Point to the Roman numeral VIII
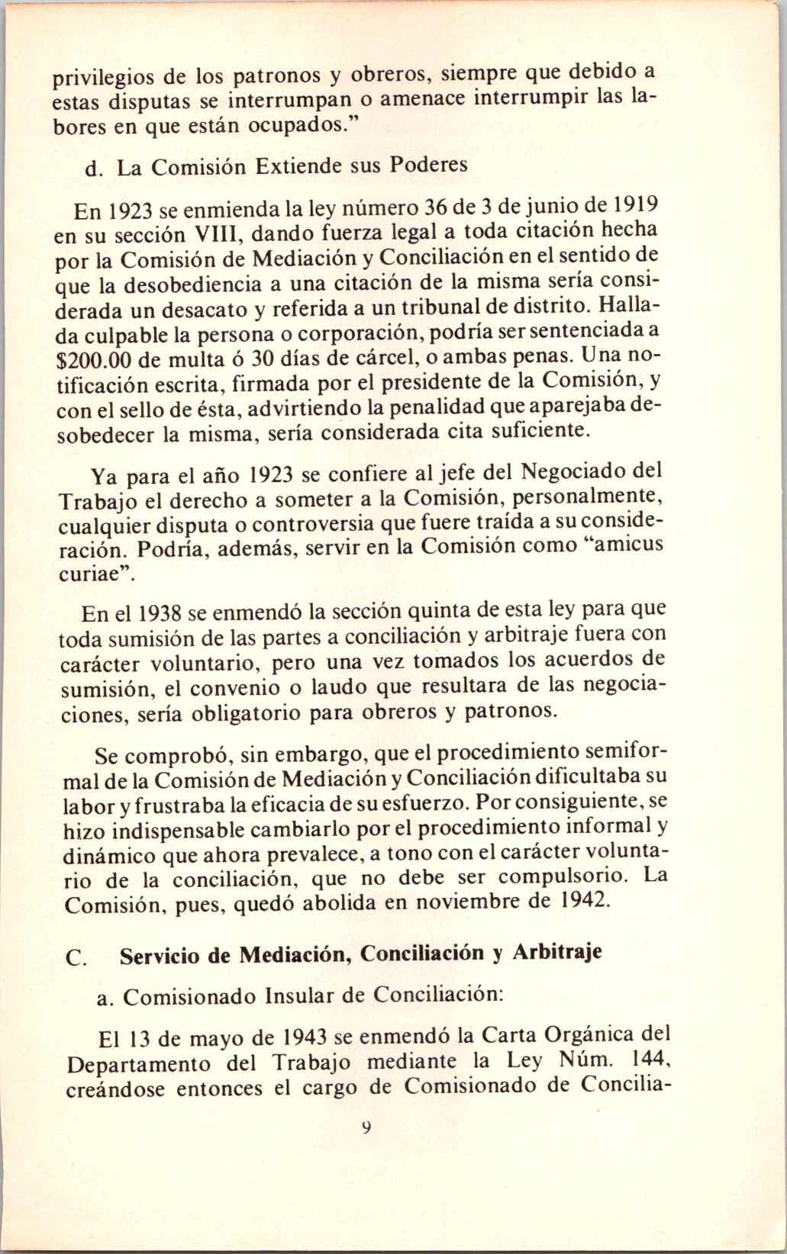click(226, 233)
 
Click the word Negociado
click(576, 473)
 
